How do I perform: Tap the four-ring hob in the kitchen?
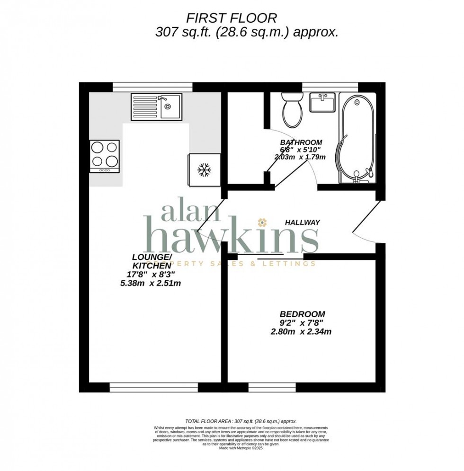105,156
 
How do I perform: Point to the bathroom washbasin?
322,102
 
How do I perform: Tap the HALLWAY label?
303,222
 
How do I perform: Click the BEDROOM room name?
302,314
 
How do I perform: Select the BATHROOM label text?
301,142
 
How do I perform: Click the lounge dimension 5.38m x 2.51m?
151,284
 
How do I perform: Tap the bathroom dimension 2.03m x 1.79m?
300,157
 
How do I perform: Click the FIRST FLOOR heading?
232,18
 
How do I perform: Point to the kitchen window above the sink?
152,87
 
